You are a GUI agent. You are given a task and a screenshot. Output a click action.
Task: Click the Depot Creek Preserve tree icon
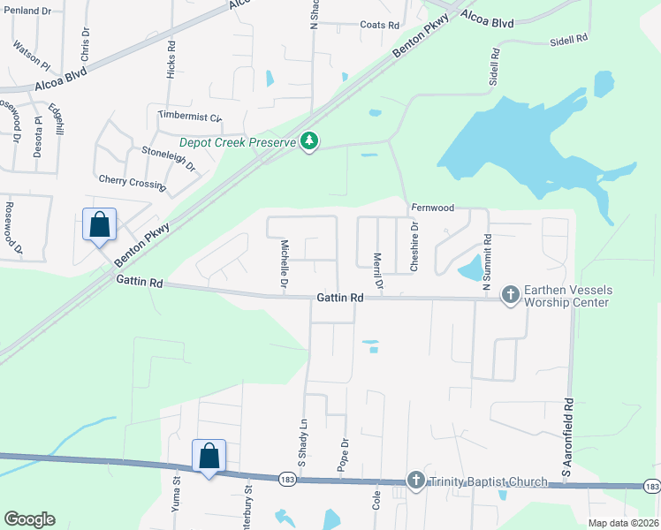pyautogui.click(x=309, y=141)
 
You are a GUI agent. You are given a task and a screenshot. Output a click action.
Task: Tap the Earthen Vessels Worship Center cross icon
pyautogui.click(x=510, y=295)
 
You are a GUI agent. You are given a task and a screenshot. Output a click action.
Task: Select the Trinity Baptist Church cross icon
pyautogui.click(x=416, y=481)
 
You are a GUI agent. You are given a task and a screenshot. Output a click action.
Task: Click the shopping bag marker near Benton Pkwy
pyautogui.click(x=100, y=224)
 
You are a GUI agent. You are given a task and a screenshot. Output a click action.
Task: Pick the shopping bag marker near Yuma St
pyautogui.click(x=209, y=457)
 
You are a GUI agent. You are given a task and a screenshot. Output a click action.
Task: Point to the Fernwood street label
pyautogui.click(x=432, y=208)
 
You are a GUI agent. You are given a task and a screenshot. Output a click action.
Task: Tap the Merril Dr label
pyautogui.click(x=377, y=270)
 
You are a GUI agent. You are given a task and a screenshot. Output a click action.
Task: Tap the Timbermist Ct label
pyautogui.click(x=189, y=116)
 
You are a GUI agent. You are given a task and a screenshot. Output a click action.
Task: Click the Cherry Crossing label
pyautogui.click(x=133, y=182)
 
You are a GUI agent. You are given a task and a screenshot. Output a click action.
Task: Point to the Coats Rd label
pyautogui.click(x=380, y=26)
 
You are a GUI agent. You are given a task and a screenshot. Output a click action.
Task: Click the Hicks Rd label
pyautogui.click(x=171, y=60)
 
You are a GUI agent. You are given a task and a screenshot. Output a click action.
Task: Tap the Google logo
pyautogui.click(x=29, y=519)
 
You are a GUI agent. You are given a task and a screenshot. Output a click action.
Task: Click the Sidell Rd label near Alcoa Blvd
pyautogui.click(x=567, y=41)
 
